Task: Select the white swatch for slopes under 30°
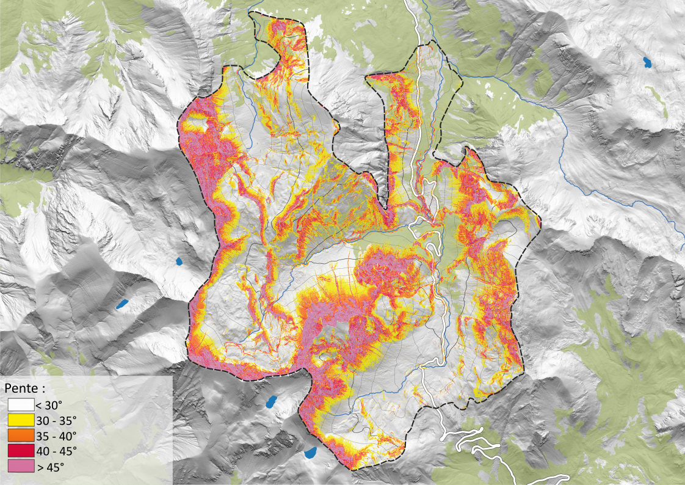[20, 403]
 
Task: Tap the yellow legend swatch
[20, 420]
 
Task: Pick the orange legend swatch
[20, 436]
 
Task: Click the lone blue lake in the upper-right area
[646, 62]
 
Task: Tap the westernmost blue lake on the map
[123, 303]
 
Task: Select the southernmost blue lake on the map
[311, 453]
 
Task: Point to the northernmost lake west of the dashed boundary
[179, 261]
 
